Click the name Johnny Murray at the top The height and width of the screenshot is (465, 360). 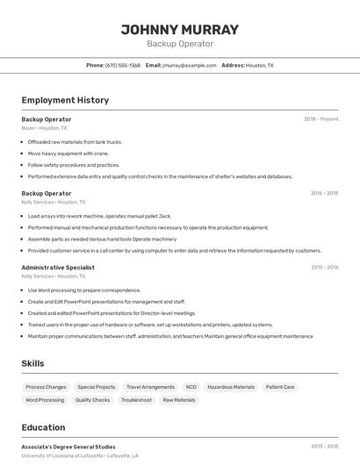pos(180,29)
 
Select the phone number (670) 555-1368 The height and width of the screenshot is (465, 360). pos(123,65)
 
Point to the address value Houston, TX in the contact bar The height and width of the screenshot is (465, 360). pos(259,65)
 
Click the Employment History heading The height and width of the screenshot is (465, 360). pos(65,100)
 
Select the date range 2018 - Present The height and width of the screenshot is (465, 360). pos(320,118)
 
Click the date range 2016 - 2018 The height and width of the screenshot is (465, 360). pos(324,193)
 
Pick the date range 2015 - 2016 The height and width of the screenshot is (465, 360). pos(324,267)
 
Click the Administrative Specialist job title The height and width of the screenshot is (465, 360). pos(58,267)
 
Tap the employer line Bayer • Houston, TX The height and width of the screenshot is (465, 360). pos(44,128)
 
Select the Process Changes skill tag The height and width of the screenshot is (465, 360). pos(46,387)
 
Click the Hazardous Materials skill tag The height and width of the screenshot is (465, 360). pos(231,387)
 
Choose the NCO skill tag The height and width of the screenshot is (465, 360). pos(191,387)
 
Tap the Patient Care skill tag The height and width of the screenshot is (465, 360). pos(280,387)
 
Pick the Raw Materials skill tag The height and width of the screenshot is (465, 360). pos(179,400)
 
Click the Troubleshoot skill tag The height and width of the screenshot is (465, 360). pos(136,400)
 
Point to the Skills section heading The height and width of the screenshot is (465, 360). pos(32,363)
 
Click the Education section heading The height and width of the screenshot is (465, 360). pos(43,427)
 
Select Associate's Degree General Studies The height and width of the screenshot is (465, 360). pos(68,447)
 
